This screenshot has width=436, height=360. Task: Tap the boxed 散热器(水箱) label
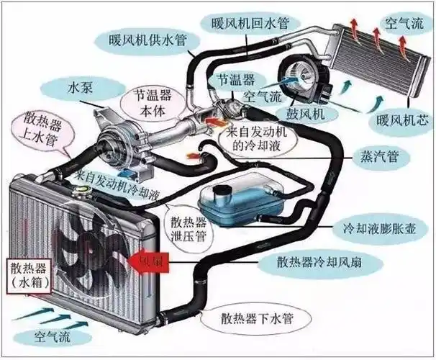coord(29,276)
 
